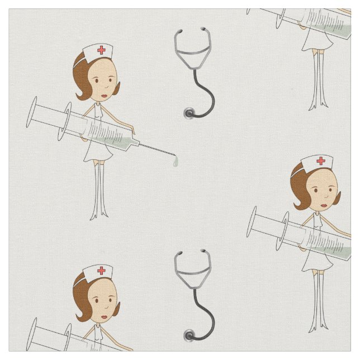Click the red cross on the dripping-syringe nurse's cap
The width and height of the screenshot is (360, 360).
[101, 50]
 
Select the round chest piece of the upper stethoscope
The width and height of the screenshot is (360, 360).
[188, 113]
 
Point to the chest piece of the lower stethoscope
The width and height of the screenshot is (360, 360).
[190, 336]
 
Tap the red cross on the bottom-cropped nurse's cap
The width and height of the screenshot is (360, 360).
[102, 271]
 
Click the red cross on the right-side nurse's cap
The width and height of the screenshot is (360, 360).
[321, 161]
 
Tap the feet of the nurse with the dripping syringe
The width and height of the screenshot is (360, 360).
[99, 215]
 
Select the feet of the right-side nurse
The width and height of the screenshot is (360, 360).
[319, 328]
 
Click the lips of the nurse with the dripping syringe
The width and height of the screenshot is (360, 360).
[103, 93]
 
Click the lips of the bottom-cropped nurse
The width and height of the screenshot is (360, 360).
[104, 316]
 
